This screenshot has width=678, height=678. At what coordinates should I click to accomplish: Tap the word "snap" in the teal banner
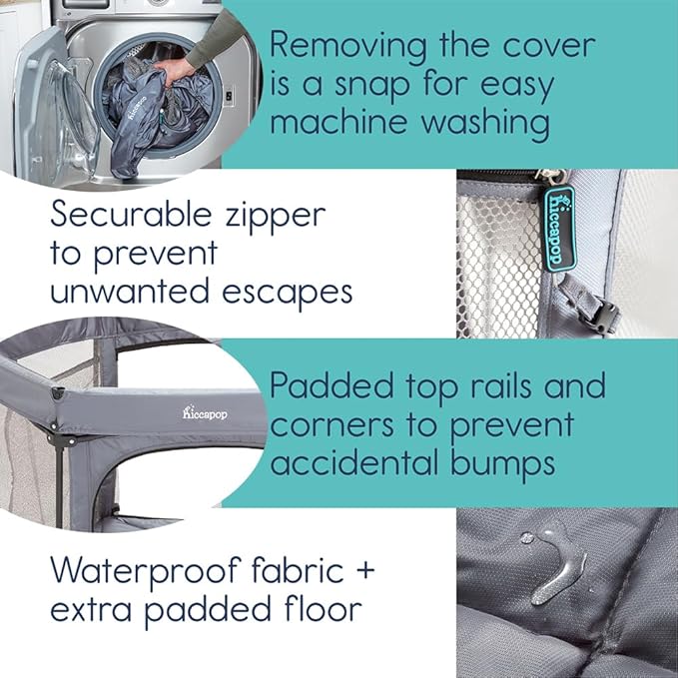pos(371,84)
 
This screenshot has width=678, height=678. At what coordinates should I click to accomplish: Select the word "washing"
pos(485,123)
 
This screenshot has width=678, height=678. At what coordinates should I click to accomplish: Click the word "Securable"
pos(132,214)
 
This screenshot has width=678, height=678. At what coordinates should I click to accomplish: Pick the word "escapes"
pos(288,293)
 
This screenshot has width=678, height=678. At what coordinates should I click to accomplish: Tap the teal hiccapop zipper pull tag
pos(559,229)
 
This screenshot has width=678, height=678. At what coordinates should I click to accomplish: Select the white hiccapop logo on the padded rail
pos(204,413)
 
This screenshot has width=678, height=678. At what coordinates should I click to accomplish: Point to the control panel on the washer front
pos(230,96)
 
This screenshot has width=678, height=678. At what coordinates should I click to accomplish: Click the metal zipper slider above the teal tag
pos(552,177)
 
